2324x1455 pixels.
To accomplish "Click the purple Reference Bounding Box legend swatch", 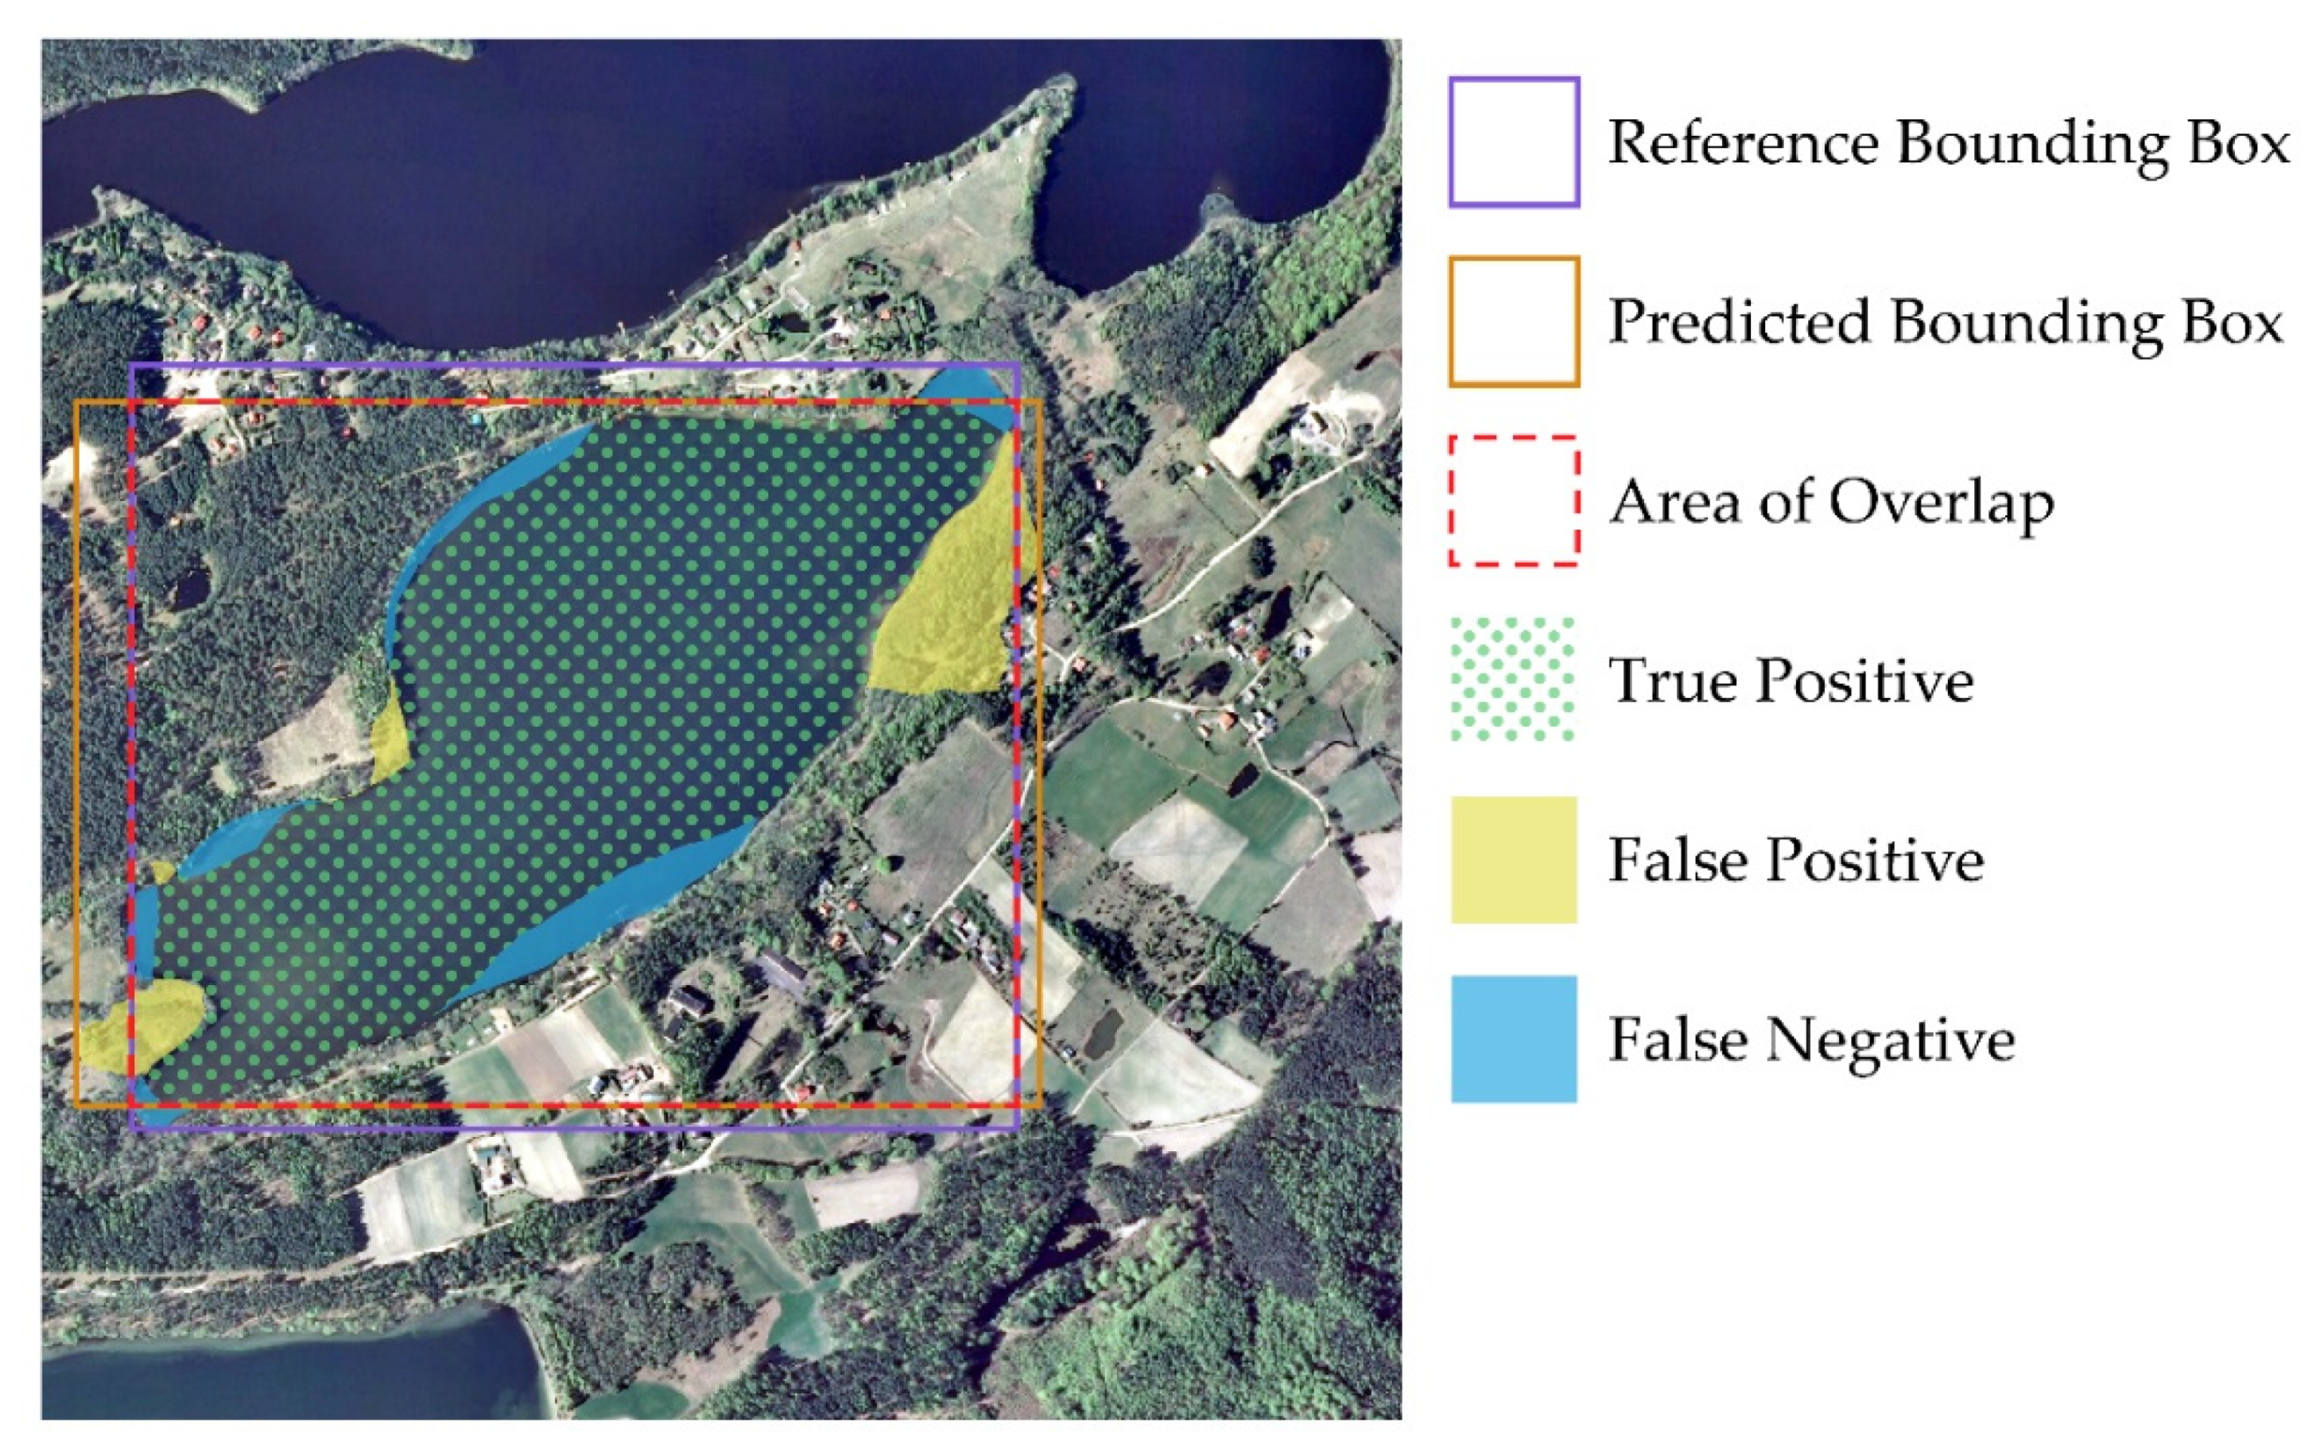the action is click(1513, 142).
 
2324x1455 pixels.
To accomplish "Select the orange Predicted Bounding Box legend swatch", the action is click(1513, 320).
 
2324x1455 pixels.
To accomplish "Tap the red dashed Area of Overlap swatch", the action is click(1513, 500).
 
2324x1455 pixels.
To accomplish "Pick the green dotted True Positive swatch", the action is click(1513, 679).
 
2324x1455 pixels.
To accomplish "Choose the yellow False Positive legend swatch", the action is click(1513, 859).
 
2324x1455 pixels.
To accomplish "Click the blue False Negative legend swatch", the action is click(1513, 1038).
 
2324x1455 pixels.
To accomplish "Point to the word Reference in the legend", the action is click(1743, 142).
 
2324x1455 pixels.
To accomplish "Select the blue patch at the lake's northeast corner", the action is click(967, 390).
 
